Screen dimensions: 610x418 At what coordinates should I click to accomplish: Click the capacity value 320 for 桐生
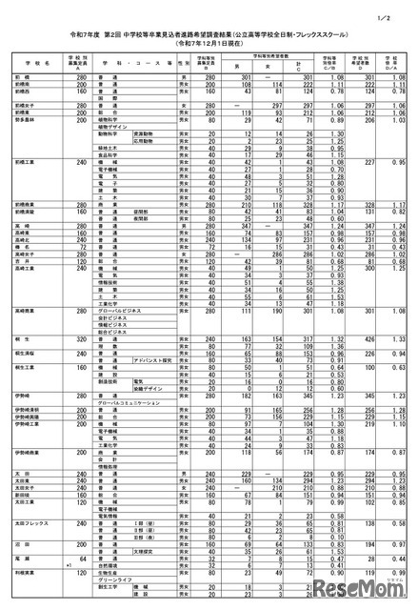(81, 338)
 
